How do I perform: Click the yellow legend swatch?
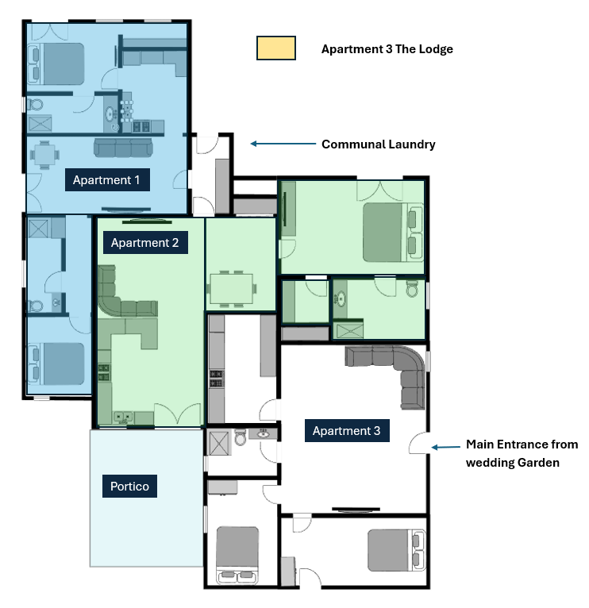[275, 48]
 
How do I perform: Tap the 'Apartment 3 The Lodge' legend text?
[387, 49]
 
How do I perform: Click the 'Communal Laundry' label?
[378, 144]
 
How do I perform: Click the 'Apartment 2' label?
[144, 243]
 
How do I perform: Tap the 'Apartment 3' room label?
[346, 431]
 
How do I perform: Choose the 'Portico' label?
[130, 486]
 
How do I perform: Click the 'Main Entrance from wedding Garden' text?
[522, 453]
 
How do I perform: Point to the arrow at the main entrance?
[445, 448]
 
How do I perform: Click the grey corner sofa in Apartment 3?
[397, 369]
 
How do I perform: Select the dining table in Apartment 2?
[231, 286]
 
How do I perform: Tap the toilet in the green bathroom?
[412, 290]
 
